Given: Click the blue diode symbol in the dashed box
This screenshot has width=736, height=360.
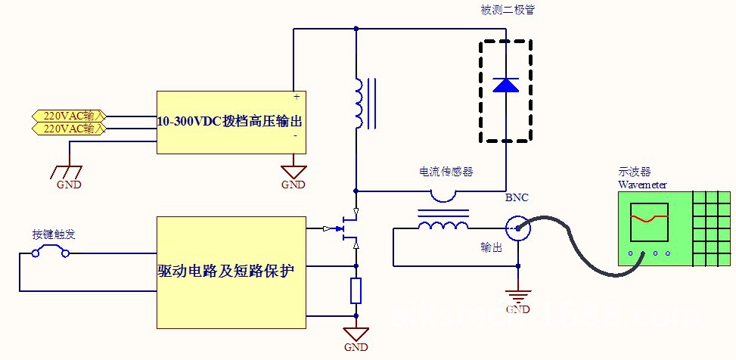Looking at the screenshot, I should [x=505, y=85].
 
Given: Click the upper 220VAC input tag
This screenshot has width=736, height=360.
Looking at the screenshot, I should [x=70, y=116].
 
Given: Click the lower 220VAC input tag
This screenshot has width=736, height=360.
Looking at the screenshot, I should [x=70, y=129].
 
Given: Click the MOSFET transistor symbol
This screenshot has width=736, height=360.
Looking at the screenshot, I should [x=349, y=229].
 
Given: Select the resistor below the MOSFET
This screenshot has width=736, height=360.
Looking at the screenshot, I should [x=356, y=291].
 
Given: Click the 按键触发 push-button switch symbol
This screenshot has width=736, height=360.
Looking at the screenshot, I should [x=51, y=251].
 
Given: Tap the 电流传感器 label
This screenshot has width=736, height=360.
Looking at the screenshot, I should [x=446, y=172].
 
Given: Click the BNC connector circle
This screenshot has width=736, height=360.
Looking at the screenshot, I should [x=517, y=226].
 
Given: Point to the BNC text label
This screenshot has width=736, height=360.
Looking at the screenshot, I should [x=517, y=198].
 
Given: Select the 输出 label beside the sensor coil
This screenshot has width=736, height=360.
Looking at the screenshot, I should [x=492, y=247].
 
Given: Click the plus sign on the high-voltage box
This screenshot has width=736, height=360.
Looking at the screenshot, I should [x=296, y=98].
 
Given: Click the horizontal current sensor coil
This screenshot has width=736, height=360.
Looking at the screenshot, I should [x=443, y=225].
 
